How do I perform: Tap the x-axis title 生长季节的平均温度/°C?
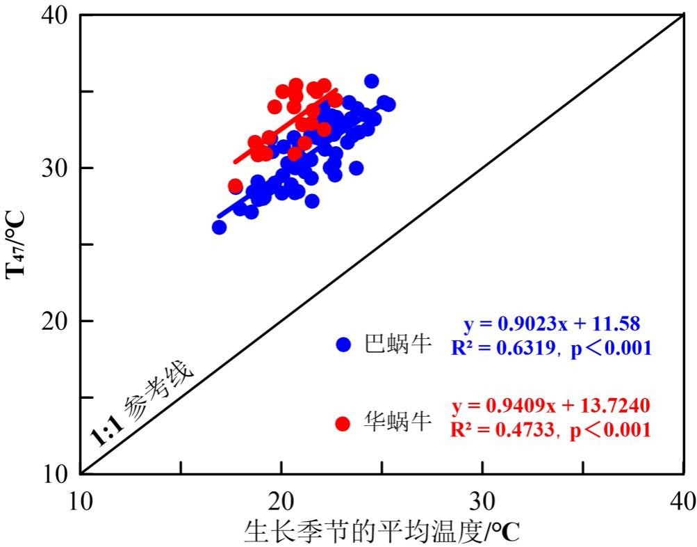[382, 532]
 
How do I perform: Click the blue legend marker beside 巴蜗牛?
[343, 344]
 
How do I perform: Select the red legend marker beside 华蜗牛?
[342, 423]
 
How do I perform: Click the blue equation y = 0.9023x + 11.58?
[551, 324]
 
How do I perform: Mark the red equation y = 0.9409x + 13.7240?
[551, 405]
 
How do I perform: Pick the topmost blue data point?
[372, 81]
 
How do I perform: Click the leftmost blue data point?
[219, 227]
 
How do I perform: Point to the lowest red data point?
[236, 186]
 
